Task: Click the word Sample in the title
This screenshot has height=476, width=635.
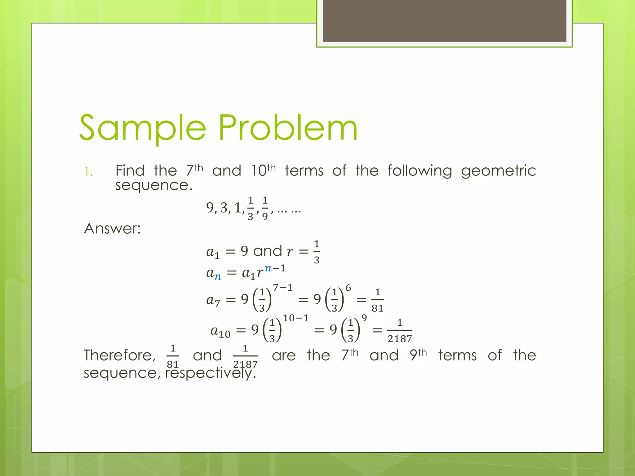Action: click(143, 128)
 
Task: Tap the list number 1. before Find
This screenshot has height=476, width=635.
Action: click(89, 172)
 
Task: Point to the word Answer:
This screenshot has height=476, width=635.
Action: click(112, 229)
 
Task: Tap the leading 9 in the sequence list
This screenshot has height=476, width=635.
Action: click(210, 208)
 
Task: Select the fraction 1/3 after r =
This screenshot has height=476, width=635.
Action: click(316, 252)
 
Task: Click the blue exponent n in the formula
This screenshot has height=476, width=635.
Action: click(268, 268)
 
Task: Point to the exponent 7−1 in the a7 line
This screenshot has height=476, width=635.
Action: click(282, 288)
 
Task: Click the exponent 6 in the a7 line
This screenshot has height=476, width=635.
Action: click(348, 288)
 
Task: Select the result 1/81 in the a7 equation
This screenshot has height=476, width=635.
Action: click(377, 300)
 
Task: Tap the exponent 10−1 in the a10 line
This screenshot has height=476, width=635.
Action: click(295, 318)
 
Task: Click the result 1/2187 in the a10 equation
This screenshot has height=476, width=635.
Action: click(400, 331)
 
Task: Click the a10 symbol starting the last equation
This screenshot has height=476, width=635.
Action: click(220, 331)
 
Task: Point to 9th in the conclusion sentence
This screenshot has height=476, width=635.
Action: click(418, 355)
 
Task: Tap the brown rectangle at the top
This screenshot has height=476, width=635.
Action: click(444, 20)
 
